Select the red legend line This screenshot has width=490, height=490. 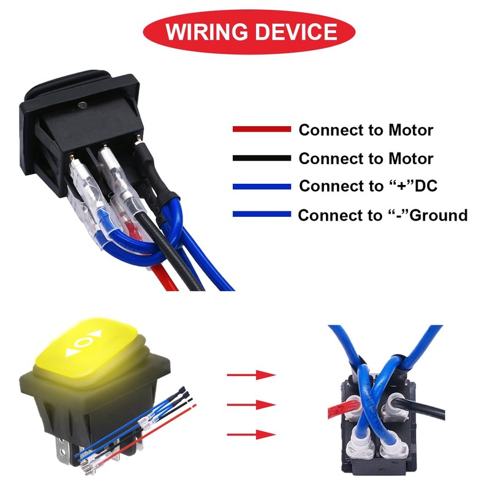(x=262, y=130)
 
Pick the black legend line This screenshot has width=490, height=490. (x=262, y=158)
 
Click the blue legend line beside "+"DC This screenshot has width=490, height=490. (x=262, y=186)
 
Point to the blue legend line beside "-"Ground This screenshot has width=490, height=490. (x=262, y=214)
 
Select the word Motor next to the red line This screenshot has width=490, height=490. (x=410, y=130)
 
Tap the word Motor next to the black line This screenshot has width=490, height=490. (x=410, y=159)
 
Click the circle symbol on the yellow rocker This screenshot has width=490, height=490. (x=86, y=341)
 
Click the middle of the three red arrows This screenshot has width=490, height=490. (x=251, y=405)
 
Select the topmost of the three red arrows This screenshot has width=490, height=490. (x=251, y=375)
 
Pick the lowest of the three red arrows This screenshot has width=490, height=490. (x=251, y=434)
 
